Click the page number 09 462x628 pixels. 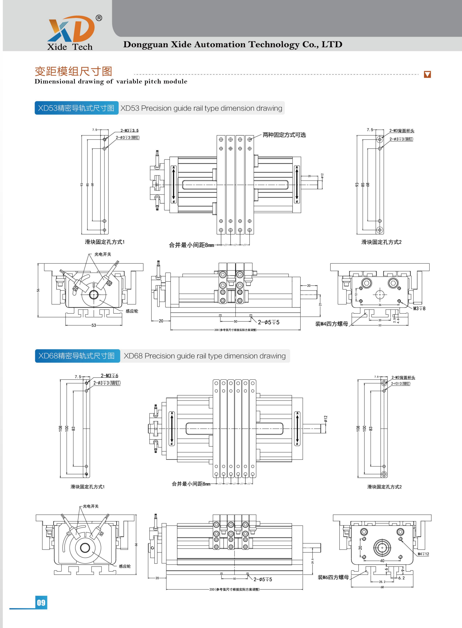click(41, 603)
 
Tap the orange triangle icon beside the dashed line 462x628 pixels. click(427, 74)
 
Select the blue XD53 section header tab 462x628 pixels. click(76, 108)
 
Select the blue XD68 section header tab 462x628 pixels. click(77, 356)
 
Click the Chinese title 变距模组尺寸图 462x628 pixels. click(73, 71)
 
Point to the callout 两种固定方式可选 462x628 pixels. click(284, 135)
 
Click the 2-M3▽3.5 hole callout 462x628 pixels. click(129, 130)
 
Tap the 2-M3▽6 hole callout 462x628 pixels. click(109, 376)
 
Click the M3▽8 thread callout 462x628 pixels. click(419, 308)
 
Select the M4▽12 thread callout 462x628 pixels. click(423, 554)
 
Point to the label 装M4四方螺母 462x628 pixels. click(332, 324)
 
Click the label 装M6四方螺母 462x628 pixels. click(333, 577)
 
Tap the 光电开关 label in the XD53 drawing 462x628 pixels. click(103, 254)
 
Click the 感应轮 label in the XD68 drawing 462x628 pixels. click(125, 566)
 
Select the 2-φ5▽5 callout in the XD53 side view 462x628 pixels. click(269, 322)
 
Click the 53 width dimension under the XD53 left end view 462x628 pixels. click(94, 325)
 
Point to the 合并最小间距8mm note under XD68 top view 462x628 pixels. click(191, 484)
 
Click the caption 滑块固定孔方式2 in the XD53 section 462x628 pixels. click(381, 242)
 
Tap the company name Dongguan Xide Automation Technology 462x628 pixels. click(233, 44)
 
